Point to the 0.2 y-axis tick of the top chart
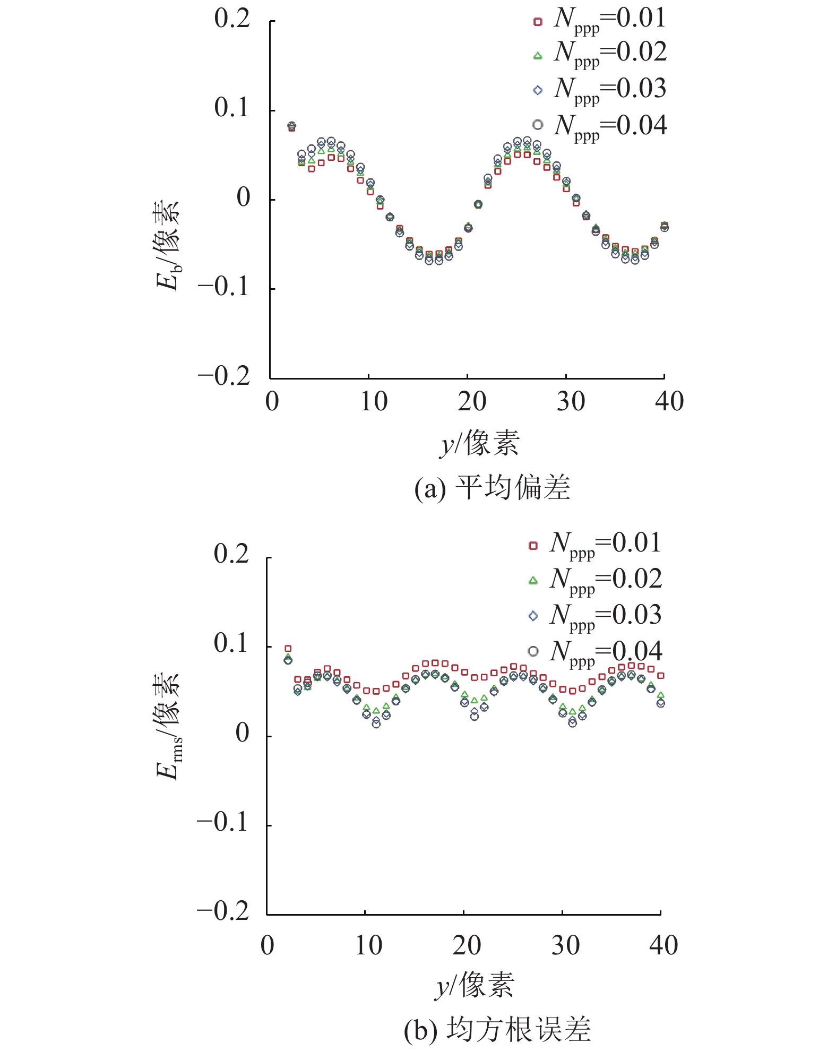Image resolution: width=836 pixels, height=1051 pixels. click(232, 19)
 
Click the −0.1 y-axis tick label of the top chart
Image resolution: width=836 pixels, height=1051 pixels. click(224, 287)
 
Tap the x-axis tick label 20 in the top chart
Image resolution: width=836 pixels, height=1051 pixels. click(472, 402)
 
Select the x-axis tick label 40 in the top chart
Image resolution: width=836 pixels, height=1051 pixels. click(669, 402)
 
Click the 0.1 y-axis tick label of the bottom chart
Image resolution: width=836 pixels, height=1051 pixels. click(231, 644)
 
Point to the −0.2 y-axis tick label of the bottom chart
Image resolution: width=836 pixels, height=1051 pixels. click(223, 912)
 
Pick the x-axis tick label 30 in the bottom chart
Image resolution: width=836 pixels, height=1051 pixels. click(565, 946)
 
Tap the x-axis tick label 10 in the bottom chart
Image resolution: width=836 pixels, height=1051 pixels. click(368, 946)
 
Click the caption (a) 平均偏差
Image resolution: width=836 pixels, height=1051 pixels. click(492, 488)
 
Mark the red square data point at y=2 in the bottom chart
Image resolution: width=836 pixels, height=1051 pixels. click(288, 649)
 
